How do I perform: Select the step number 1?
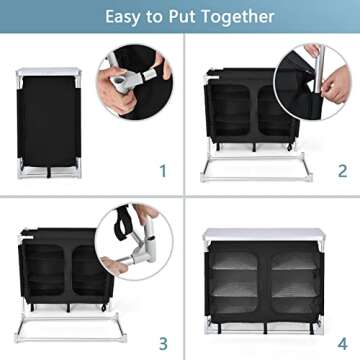pyautogui.click(x=162, y=171)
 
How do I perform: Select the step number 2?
pyautogui.click(x=341, y=171)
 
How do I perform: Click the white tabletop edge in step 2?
pyautogui.click(x=240, y=70)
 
